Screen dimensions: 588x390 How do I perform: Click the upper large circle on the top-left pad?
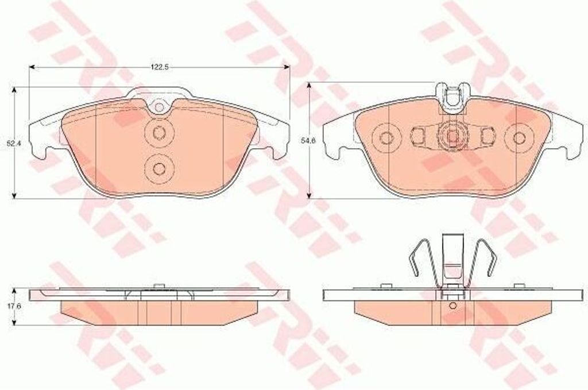tap(160, 133)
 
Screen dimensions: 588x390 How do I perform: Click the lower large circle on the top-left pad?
tap(160, 169)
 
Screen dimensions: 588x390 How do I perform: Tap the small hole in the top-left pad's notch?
tap(160, 107)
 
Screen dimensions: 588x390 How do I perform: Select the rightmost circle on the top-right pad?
tap(519, 138)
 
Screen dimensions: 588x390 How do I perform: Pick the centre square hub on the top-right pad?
tap(452, 138)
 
